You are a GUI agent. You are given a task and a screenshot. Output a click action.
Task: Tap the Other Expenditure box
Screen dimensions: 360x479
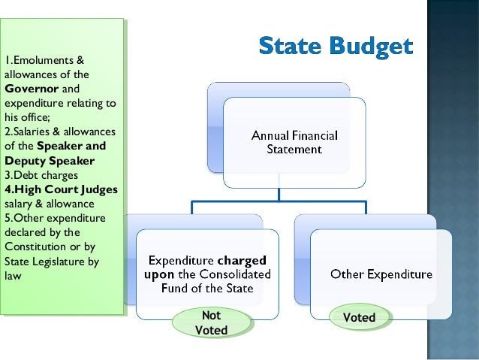381,274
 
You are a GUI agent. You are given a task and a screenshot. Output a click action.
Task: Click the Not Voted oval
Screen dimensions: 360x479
211,322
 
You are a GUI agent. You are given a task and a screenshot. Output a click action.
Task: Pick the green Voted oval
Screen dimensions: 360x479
359,317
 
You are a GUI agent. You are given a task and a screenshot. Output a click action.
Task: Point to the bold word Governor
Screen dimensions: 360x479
29,88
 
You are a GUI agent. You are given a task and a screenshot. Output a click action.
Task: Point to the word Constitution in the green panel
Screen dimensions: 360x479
35,247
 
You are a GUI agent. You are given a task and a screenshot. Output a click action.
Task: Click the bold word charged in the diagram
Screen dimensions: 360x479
237,261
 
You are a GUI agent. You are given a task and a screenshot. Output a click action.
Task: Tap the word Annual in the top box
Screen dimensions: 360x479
270,136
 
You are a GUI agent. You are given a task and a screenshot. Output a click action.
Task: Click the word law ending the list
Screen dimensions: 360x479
13,276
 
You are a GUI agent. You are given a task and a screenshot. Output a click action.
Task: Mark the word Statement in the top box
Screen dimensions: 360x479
294,150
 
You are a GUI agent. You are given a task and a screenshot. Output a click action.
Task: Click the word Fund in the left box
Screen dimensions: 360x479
173,288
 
